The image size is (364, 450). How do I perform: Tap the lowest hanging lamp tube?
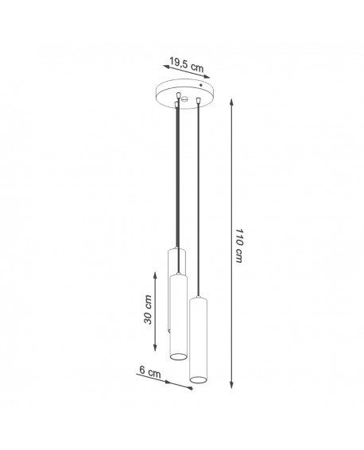point(197,337)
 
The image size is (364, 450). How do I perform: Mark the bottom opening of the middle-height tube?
point(177,355)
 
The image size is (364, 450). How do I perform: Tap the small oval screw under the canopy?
point(185,98)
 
